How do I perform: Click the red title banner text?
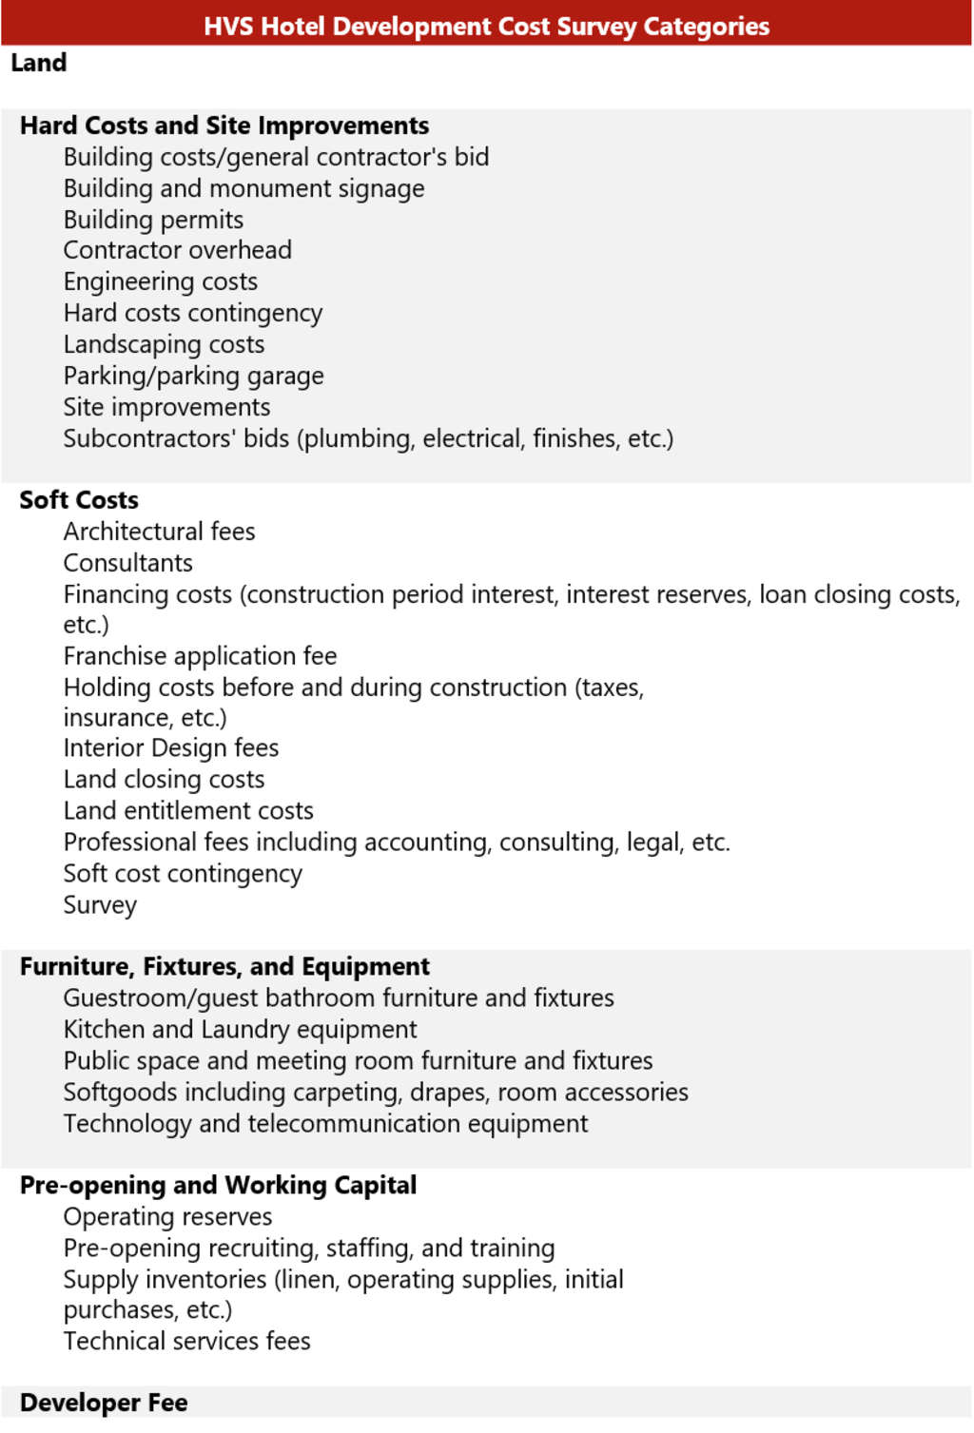point(486,26)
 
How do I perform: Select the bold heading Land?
point(39,63)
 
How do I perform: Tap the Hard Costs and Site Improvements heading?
point(224,126)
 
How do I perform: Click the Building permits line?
point(153,220)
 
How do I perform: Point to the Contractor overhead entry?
point(178,250)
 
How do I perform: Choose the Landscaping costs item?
point(164,344)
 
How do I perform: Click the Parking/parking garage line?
point(193,376)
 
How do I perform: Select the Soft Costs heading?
point(79,500)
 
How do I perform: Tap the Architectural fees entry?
point(159,532)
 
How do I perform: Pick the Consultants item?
point(127,563)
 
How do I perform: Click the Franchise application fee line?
point(200,656)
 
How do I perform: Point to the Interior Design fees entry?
point(171,748)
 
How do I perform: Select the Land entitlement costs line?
point(188,811)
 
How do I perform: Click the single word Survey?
point(100,905)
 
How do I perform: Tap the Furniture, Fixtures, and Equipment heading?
point(224,967)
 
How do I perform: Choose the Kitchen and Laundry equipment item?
point(240,1030)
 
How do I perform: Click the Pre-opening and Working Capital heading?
point(218,1186)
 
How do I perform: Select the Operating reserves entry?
point(167,1217)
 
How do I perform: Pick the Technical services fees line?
point(186,1342)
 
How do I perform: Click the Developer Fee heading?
point(104,1404)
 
